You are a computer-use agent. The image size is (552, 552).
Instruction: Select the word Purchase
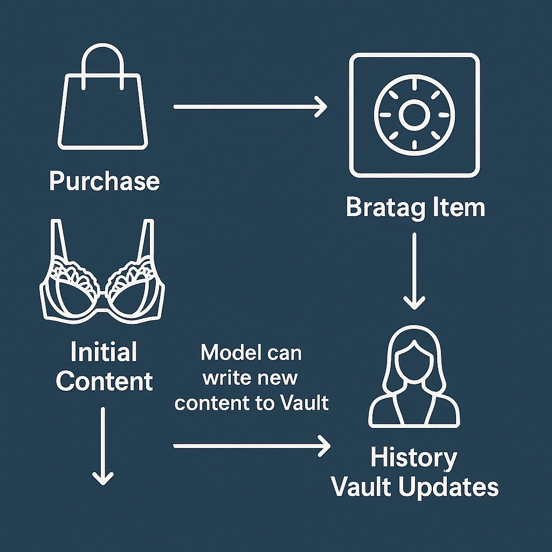pos(105,182)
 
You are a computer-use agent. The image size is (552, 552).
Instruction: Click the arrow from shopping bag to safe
pos(250,107)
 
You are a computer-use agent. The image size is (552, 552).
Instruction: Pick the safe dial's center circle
pos(413,115)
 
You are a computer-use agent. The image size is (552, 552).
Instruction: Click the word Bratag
pos(377,208)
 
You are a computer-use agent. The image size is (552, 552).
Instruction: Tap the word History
pos(413,459)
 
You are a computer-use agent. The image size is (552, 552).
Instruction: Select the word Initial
pos(104,353)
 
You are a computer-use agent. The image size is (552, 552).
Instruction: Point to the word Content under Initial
pos(104,381)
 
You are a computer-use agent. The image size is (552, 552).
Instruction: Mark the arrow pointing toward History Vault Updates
pos(251,446)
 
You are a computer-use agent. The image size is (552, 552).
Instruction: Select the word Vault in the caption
pos(305,403)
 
